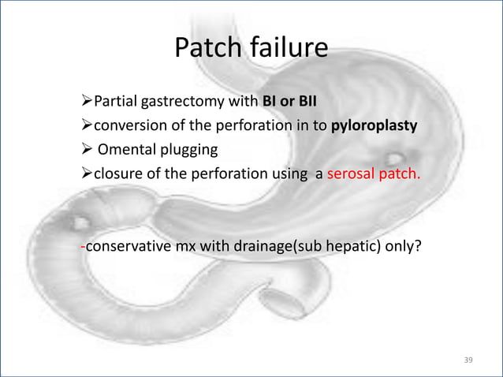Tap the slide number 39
pos(468,360)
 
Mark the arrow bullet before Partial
pos(87,103)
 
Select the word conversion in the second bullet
pos(126,125)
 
